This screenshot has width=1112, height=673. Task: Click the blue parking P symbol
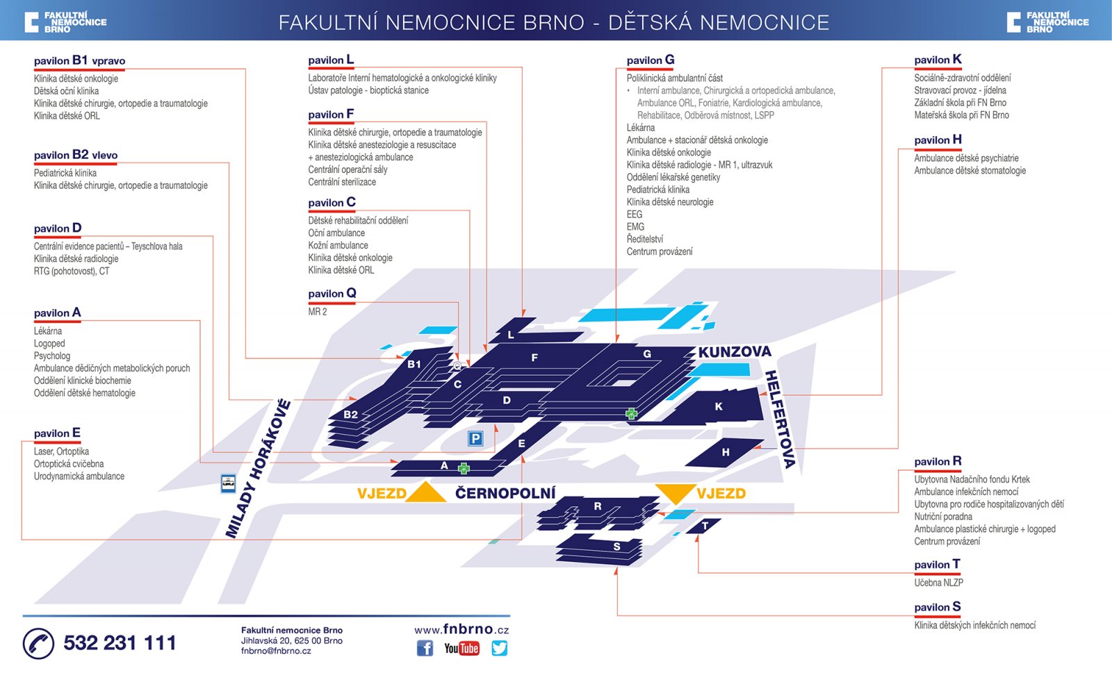point(475,438)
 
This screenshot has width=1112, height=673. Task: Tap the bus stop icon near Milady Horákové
point(228,483)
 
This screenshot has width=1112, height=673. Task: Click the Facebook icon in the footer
point(425,648)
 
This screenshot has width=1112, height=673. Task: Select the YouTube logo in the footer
point(461,648)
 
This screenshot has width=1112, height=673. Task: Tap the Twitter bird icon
point(499,648)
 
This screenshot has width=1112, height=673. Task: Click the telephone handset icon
point(38,643)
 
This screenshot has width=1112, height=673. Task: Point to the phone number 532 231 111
point(120,643)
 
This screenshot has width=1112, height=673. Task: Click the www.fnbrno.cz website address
point(461,629)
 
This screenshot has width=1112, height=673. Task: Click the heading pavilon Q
point(332,294)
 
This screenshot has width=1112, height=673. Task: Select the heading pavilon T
point(937,565)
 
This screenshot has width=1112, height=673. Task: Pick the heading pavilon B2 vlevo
point(76,155)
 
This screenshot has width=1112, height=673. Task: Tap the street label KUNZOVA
point(735,352)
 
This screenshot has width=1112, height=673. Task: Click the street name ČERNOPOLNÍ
point(505,493)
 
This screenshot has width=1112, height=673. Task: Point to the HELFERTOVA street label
point(780,419)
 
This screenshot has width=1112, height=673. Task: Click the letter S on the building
point(616,547)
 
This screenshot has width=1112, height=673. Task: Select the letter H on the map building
point(726,452)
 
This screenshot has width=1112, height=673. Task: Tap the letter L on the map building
point(511,335)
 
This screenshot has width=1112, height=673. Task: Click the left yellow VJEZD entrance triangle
point(425,492)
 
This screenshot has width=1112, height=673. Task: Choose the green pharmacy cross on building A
point(464,469)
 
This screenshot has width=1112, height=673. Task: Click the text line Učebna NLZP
point(938,583)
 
